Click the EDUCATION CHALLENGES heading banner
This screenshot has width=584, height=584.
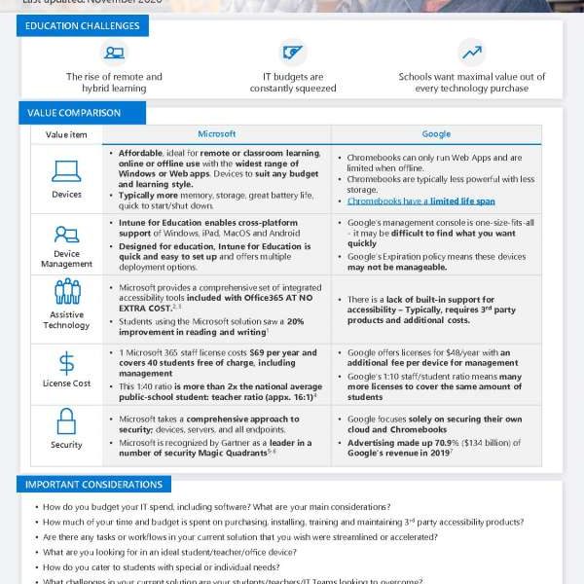(x=83, y=26)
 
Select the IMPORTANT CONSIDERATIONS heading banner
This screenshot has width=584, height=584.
(x=94, y=484)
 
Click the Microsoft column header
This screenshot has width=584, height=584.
(x=216, y=134)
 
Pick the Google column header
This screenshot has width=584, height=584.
(x=436, y=134)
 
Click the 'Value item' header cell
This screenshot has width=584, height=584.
(x=66, y=134)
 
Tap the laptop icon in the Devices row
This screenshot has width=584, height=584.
(x=66, y=171)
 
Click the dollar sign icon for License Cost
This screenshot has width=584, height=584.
(x=66, y=363)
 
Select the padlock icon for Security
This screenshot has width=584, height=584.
(x=66, y=421)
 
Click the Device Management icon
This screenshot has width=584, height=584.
(x=66, y=234)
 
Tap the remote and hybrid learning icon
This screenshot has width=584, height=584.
(x=115, y=53)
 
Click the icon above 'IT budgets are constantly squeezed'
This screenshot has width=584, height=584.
(x=292, y=52)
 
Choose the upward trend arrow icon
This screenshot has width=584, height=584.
(x=471, y=52)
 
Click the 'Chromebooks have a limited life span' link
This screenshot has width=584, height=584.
(x=420, y=201)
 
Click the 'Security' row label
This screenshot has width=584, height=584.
(x=66, y=445)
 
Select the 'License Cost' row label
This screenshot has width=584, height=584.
(x=66, y=383)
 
